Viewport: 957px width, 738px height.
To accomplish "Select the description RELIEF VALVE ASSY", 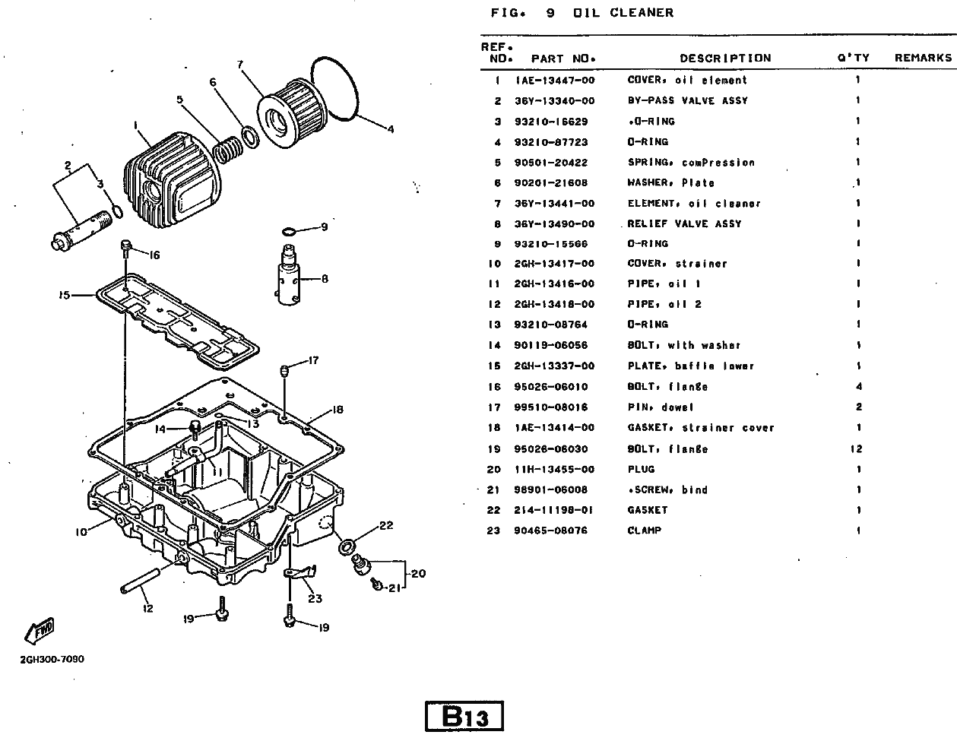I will tap(684, 224).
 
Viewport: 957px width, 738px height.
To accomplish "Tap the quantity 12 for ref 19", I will tap(857, 449).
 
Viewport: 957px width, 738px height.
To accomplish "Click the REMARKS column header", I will tap(923, 58).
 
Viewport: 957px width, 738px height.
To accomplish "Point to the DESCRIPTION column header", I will tap(724, 58).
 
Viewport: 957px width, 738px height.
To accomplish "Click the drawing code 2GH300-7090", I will tap(52, 659).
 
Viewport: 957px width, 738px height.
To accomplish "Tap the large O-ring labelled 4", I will tap(338, 88).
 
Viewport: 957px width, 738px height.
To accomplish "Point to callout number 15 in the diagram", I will tap(64, 295).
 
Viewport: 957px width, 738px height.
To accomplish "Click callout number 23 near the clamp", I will tap(315, 598).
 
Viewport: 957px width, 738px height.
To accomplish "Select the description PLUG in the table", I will tap(641, 470).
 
